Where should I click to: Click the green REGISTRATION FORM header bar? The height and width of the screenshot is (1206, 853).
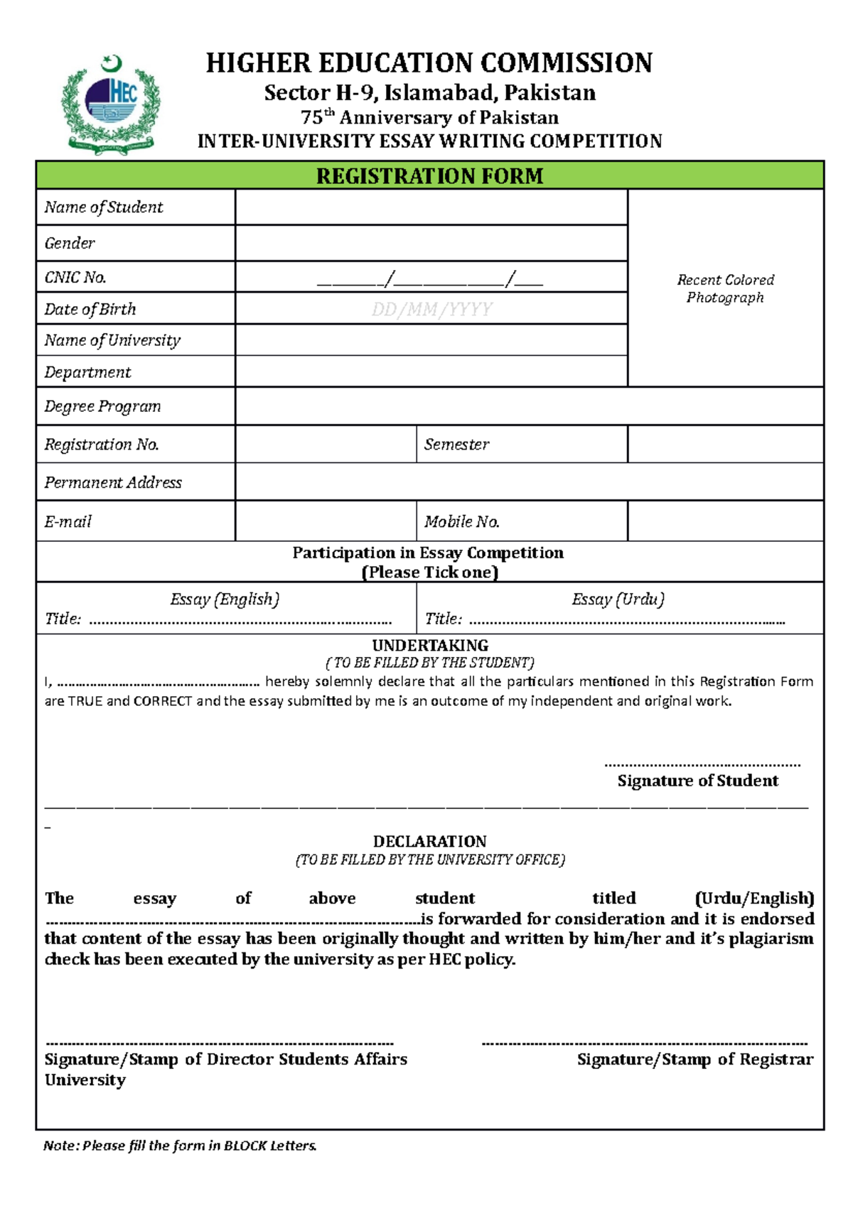click(x=429, y=175)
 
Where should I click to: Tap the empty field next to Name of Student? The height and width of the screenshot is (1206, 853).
click(x=431, y=207)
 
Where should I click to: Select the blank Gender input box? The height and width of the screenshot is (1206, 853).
click(x=431, y=243)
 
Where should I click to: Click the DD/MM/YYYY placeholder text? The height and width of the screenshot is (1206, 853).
click(x=431, y=309)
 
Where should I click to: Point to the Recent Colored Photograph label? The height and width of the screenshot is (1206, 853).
click(x=725, y=288)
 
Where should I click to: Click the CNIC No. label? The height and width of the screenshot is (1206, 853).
click(x=75, y=277)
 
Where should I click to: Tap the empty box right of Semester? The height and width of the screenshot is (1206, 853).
click(x=725, y=444)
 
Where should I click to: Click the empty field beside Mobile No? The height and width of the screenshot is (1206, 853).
click(x=725, y=521)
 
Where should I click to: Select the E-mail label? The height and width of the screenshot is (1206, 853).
click(x=68, y=521)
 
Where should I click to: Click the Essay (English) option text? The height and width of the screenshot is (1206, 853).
click(x=225, y=599)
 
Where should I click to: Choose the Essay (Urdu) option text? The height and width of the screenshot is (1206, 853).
click(x=618, y=599)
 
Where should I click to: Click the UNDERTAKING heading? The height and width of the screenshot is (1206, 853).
click(x=430, y=645)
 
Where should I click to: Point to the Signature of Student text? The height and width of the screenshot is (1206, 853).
click(x=697, y=781)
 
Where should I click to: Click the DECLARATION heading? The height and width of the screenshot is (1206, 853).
click(x=429, y=841)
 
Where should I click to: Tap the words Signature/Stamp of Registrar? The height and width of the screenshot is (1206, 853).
click(x=694, y=1059)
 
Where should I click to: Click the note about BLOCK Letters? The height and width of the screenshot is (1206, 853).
click(x=180, y=1145)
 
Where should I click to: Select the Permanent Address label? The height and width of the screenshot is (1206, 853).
click(x=113, y=482)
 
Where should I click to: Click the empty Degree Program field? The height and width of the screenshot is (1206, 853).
click(x=529, y=406)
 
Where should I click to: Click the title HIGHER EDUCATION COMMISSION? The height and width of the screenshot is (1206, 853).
click(x=429, y=63)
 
